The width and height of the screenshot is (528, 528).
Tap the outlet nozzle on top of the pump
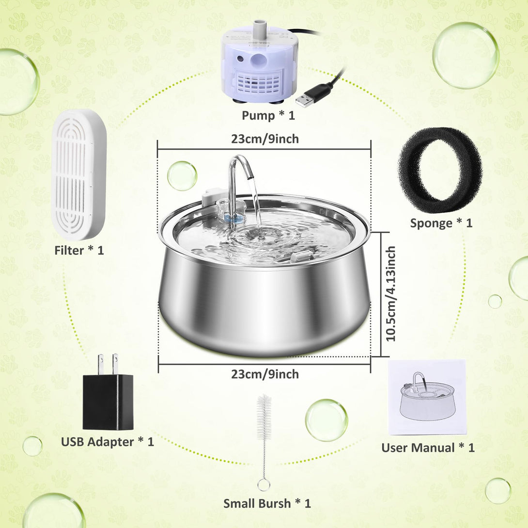259,27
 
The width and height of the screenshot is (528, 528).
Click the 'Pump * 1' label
268,115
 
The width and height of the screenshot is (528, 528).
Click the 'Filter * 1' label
79,250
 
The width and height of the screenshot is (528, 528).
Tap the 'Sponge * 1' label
441,223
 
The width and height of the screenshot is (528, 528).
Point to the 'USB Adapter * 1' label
108,441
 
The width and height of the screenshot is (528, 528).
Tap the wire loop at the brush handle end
264,485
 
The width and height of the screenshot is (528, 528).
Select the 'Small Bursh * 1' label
267,503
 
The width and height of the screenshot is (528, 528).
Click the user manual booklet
427,397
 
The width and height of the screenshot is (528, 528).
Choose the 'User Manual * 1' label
428,448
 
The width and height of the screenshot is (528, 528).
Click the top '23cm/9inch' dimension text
265,139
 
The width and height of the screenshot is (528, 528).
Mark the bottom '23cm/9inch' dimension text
265,374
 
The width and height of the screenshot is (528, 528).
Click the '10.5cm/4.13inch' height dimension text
390,294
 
